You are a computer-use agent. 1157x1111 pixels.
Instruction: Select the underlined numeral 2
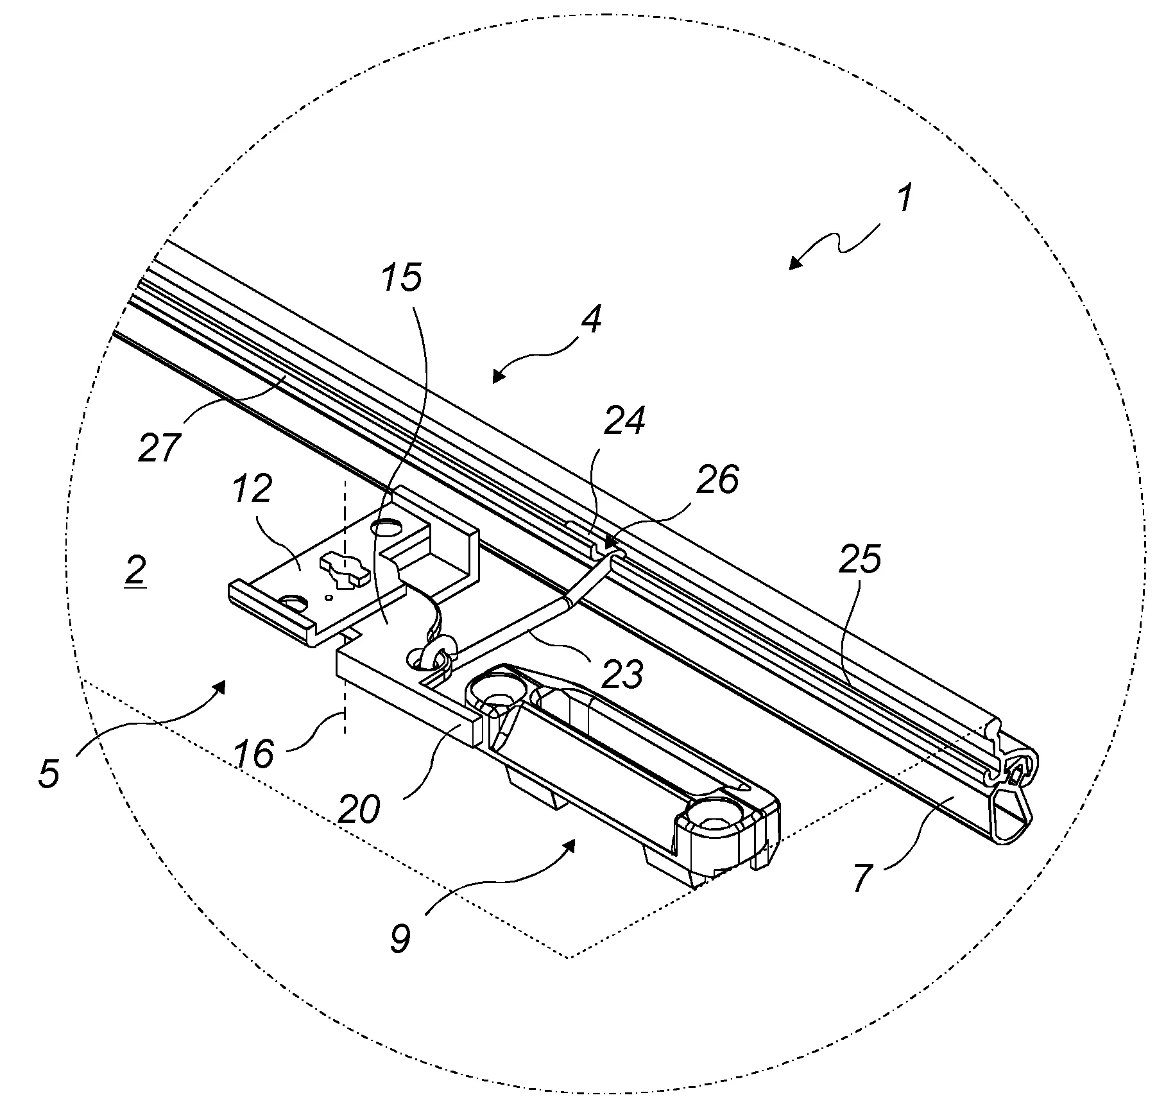coord(135,570)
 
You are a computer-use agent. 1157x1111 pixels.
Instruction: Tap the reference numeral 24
coord(624,421)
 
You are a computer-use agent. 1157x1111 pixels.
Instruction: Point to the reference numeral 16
coord(254,752)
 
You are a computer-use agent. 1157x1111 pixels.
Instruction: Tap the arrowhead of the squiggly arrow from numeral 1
coord(793,265)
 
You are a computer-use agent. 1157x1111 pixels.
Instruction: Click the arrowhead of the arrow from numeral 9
coord(570,845)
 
